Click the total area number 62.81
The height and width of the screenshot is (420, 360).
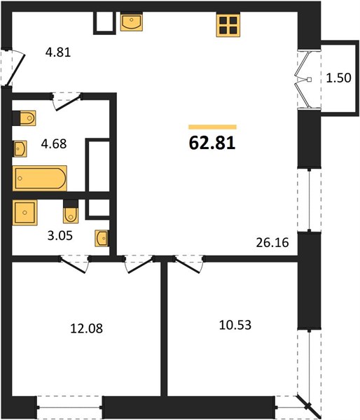(x=212, y=143)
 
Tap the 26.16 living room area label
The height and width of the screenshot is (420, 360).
(x=272, y=243)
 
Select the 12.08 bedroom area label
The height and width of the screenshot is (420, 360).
(x=86, y=328)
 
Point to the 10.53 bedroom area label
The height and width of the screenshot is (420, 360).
(x=235, y=325)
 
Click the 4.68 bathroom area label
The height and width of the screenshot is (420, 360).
(x=54, y=143)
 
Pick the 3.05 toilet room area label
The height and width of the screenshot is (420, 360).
(x=60, y=236)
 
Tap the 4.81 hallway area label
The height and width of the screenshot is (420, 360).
(x=58, y=52)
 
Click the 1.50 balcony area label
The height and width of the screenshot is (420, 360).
(x=338, y=78)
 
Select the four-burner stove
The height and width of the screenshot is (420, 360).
(x=228, y=25)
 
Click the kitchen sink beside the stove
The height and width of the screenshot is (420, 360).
(x=132, y=22)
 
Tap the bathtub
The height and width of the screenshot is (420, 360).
(x=40, y=178)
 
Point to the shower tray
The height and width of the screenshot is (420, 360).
(x=25, y=213)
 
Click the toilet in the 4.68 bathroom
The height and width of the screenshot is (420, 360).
(x=24, y=118)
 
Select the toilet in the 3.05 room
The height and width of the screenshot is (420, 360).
(x=71, y=211)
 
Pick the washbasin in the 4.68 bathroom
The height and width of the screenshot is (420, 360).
(x=20, y=148)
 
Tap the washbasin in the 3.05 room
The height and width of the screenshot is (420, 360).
(x=102, y=238)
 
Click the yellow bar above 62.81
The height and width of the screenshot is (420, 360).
(x=212, y=127)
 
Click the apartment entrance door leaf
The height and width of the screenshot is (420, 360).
(x=16, y=70)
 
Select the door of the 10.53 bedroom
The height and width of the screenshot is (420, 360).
(x=188, y=266)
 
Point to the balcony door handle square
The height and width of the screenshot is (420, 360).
(x=309, y=79)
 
